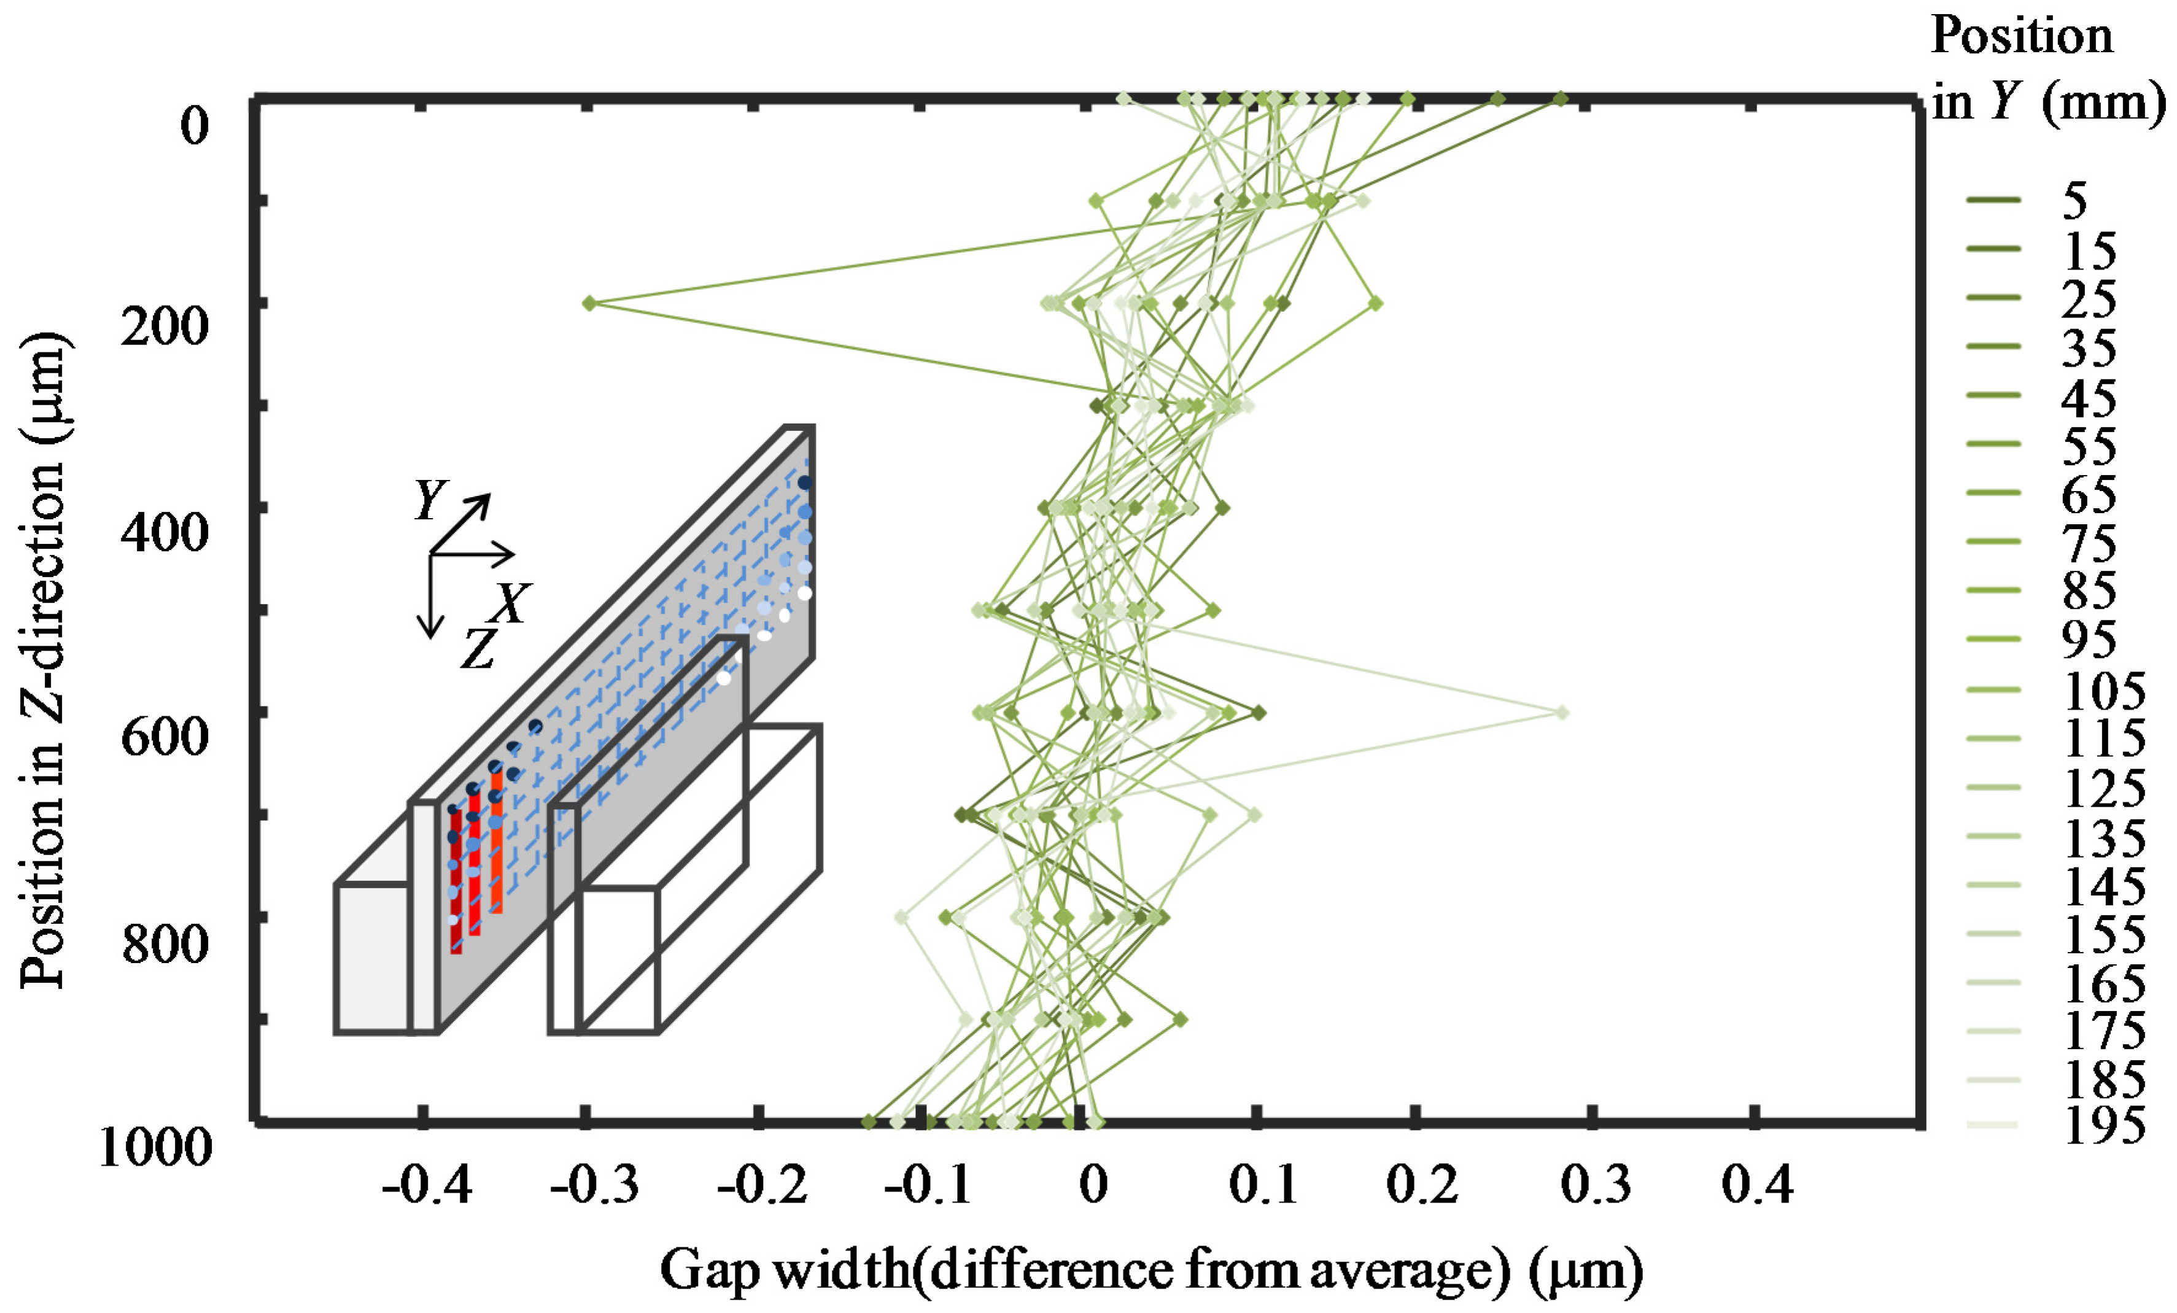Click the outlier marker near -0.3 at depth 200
590,303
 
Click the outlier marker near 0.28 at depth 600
1562,712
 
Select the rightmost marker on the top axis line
1561,99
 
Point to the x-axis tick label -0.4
427,1186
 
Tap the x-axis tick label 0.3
1596,1186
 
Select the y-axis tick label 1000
155,1148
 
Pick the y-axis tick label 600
165,736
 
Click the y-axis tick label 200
165,327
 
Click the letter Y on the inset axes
430,500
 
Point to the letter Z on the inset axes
479,649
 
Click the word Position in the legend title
2022,37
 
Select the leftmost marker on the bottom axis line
869,1122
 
